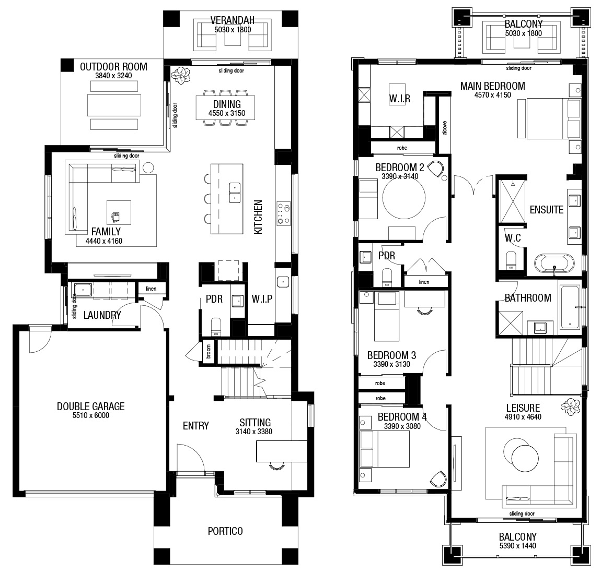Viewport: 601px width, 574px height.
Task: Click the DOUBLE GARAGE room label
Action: (x=91, y=406)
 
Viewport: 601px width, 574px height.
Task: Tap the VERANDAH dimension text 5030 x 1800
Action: (x=233, y=30)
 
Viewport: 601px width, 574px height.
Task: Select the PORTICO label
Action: (x=225, y=531)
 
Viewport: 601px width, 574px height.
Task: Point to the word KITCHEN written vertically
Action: (x=258, y=217)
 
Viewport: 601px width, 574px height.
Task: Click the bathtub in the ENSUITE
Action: (x=554, y=264)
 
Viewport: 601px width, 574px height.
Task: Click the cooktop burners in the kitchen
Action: (x=284, y=213)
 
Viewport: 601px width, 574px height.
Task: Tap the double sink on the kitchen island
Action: (x=235, y=193)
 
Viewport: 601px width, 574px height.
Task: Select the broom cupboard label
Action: (x=208, y=352)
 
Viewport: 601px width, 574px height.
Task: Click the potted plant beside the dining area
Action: (x=180, y=75)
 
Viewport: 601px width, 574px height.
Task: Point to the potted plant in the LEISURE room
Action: (x=570, y=407)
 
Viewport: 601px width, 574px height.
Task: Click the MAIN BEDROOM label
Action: (x=492, y=86)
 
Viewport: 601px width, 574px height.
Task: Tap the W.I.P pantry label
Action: (x=262, y=299)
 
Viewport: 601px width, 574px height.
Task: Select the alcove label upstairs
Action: (x=445, y=128)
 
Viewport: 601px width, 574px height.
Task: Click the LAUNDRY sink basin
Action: (x=83, y=290)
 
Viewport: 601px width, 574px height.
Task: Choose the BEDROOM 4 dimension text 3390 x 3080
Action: (x=402, y=426)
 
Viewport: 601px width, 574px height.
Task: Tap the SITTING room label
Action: (x=255, y=423)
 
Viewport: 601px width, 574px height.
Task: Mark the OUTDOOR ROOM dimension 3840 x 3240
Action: (x=113, y=76)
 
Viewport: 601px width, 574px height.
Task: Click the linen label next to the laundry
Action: (x=151, y=289)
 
